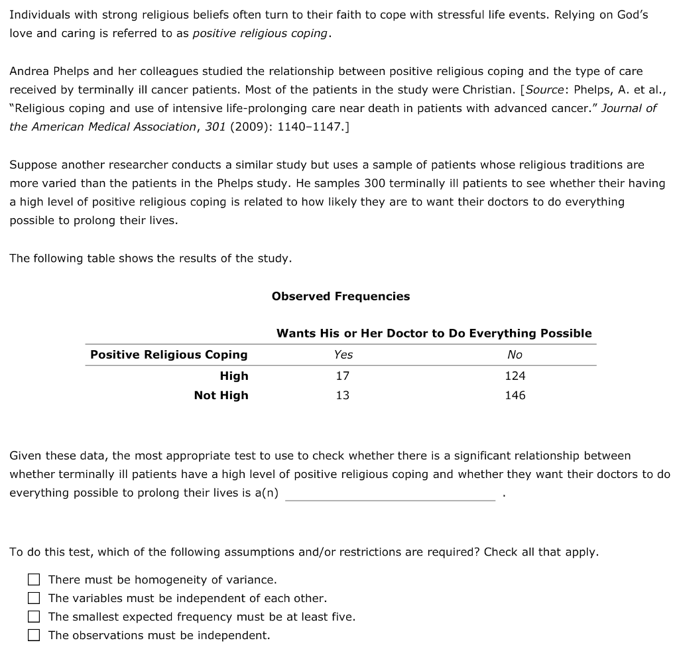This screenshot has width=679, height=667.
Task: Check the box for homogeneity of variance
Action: pyautogui.click(x=34, y=579)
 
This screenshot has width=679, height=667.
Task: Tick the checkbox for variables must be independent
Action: pyautogui.click(x=34, y=598)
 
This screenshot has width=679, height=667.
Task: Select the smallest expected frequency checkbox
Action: pyautogui.click(x=34, y=617)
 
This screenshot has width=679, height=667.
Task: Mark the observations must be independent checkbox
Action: pyautogui.click(x=34, y=635)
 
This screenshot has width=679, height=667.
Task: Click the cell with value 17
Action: pyautogui.click(x=343, y=376)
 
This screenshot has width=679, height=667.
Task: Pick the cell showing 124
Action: pyautogui.click(x=515, y=376)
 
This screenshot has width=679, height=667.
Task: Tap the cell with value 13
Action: pyautogui.click(x=343, y=395)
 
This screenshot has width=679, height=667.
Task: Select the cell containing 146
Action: pyautogui.click(x=515, y=395)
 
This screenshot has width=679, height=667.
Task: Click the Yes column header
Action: pyautogui.click(x=343, y=355)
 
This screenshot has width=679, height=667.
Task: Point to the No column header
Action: pyautogui.click(x=515, y=355)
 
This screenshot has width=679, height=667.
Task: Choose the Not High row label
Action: pyautogui.click(x=221, y=395)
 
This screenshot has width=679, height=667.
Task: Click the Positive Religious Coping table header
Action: pyautogui.click(x=168, y=355)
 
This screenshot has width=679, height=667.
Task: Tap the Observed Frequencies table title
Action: pyautogui.click(x=340, y=296)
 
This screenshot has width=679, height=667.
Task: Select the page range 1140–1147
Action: pyautogui.click(x=314, y=126)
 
